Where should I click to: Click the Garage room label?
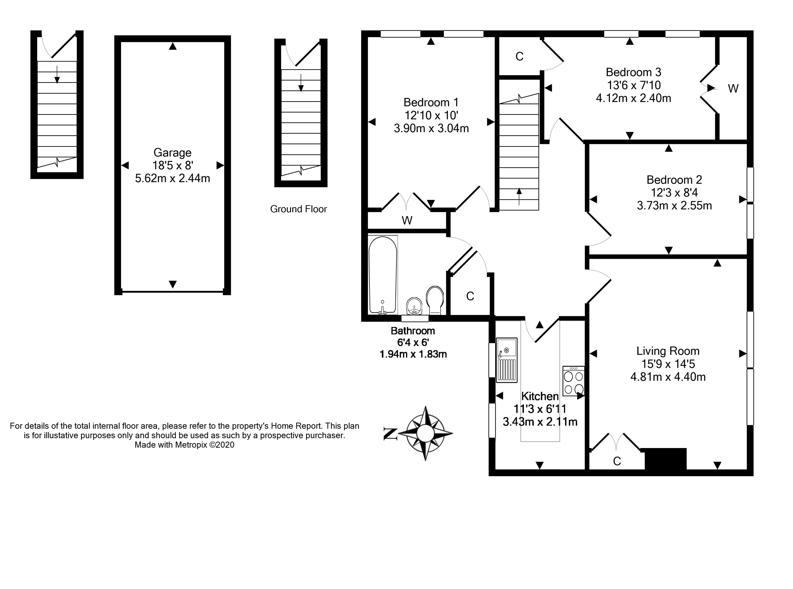(x=173, y=152)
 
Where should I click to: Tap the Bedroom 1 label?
(x=431, y=103)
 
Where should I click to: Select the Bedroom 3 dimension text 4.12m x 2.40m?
(x=634, y=98)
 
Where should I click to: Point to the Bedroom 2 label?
(x=674, y=180)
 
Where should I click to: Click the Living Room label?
(x=668, y=351)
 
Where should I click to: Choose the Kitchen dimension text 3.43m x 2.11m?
(x=540, y=422)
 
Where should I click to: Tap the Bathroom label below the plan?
(x=413, y=331)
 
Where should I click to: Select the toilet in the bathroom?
(x=435, y=300)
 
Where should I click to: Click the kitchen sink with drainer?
(x=506, y=360)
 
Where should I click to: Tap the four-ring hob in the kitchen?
(x=574, y=381)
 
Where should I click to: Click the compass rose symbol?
(x=425, y=433)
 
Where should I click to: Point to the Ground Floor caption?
(x=299, y=209)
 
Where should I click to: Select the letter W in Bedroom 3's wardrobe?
(x=733, y=88)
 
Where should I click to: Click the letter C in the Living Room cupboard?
(x=617, y=461)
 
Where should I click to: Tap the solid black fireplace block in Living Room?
(x=666, y=459)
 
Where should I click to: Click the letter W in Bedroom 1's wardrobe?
(x=407, y=221)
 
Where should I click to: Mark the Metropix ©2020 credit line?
(x=184, y=445)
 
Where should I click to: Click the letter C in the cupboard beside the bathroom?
(x=470, y=296)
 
